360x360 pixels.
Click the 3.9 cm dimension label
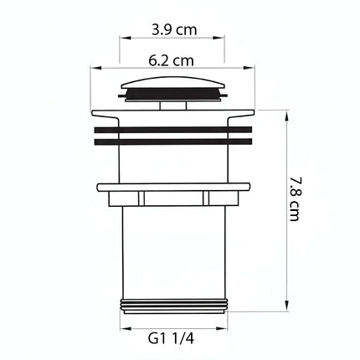(x=174, y=29)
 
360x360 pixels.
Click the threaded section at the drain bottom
(x=173, y=305)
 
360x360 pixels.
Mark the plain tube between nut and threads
(x=173, y=251)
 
